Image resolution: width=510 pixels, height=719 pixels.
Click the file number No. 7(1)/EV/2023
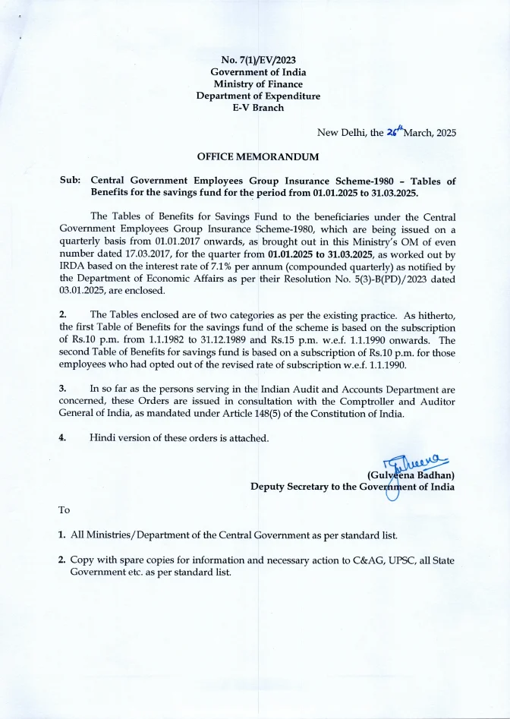[x=257, y=59]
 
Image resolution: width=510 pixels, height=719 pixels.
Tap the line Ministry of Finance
[x=257, y=84]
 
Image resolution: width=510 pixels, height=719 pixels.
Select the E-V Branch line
[x=257, y=108]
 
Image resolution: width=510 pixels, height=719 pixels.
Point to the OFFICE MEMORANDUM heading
[x=257, y=156]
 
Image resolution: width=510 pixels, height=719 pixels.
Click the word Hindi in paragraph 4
[x=103, y=438]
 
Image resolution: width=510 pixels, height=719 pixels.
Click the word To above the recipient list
[x=65, y=510]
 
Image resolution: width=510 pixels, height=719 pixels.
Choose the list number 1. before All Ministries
[x=62, y=535]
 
